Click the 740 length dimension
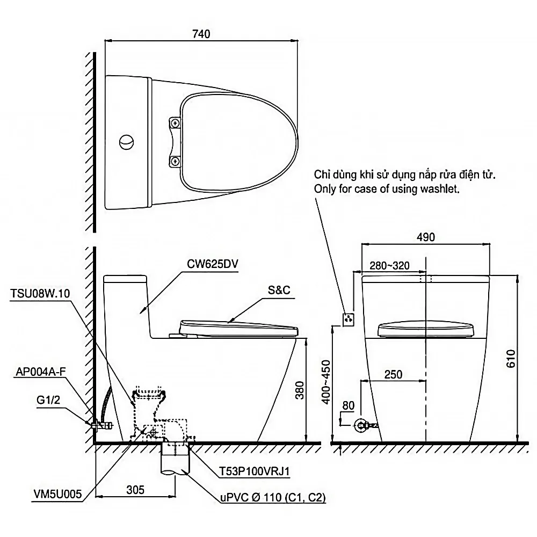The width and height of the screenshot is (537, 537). (x=201, y=34)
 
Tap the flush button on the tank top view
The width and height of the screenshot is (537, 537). (x=126, y=142)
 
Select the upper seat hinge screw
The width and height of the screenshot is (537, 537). (x=176, y=122)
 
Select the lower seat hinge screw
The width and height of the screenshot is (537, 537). (x=176, y=161)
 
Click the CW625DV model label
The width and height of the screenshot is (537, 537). (x=212, y=264)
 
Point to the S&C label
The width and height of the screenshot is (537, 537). (x=279, y=290)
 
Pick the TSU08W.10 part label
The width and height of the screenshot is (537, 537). (x=40, y=293)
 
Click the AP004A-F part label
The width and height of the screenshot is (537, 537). (x=41, y=372)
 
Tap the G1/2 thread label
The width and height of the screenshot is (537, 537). (x=48, y=400)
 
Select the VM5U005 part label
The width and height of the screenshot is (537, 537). (x=57, y=494)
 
